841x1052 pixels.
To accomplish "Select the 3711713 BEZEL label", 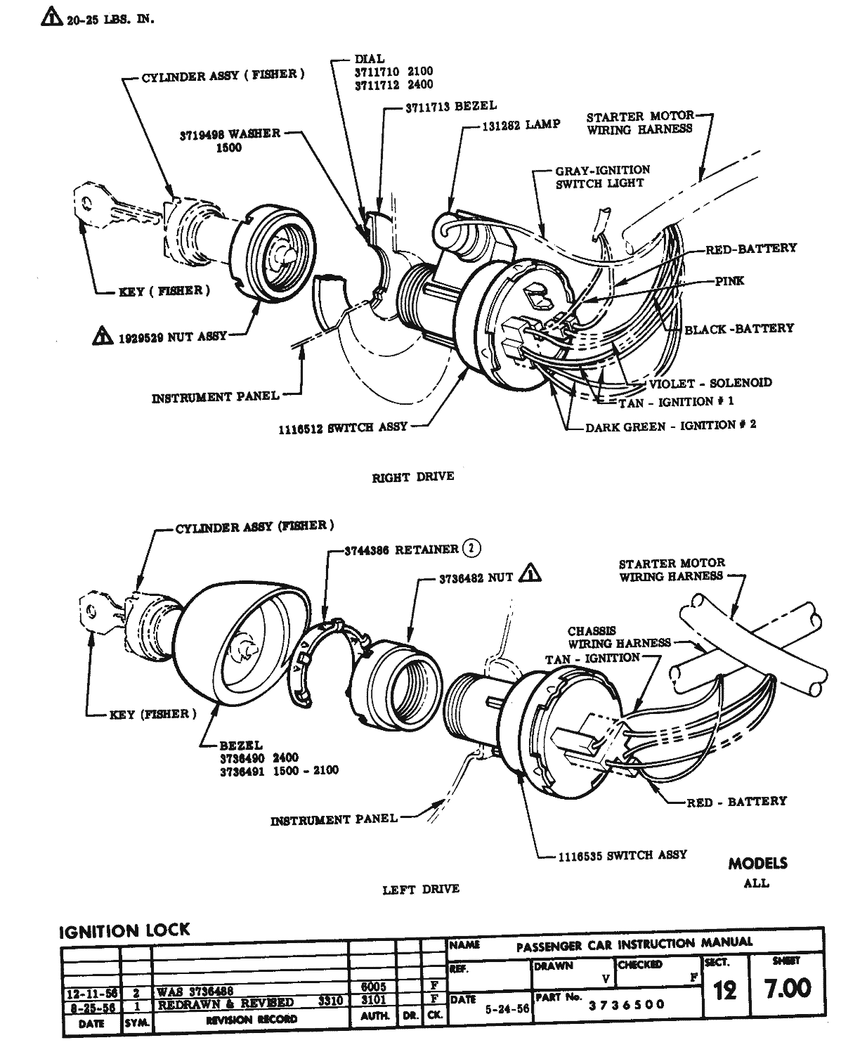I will coord(450,106).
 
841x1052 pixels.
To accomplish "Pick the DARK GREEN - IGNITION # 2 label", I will coord(671,425).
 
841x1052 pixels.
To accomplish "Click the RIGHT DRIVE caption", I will coord(412,476).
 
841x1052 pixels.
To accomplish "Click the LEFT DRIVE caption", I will coord(421,889).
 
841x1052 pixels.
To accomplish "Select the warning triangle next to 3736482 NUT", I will coord(532,575).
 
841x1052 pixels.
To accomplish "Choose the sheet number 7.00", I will coord(787,988).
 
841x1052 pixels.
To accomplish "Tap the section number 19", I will coord(724,990).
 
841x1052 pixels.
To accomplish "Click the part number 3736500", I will coord(626,1004).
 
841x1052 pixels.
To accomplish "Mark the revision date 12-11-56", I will coord(91,993).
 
